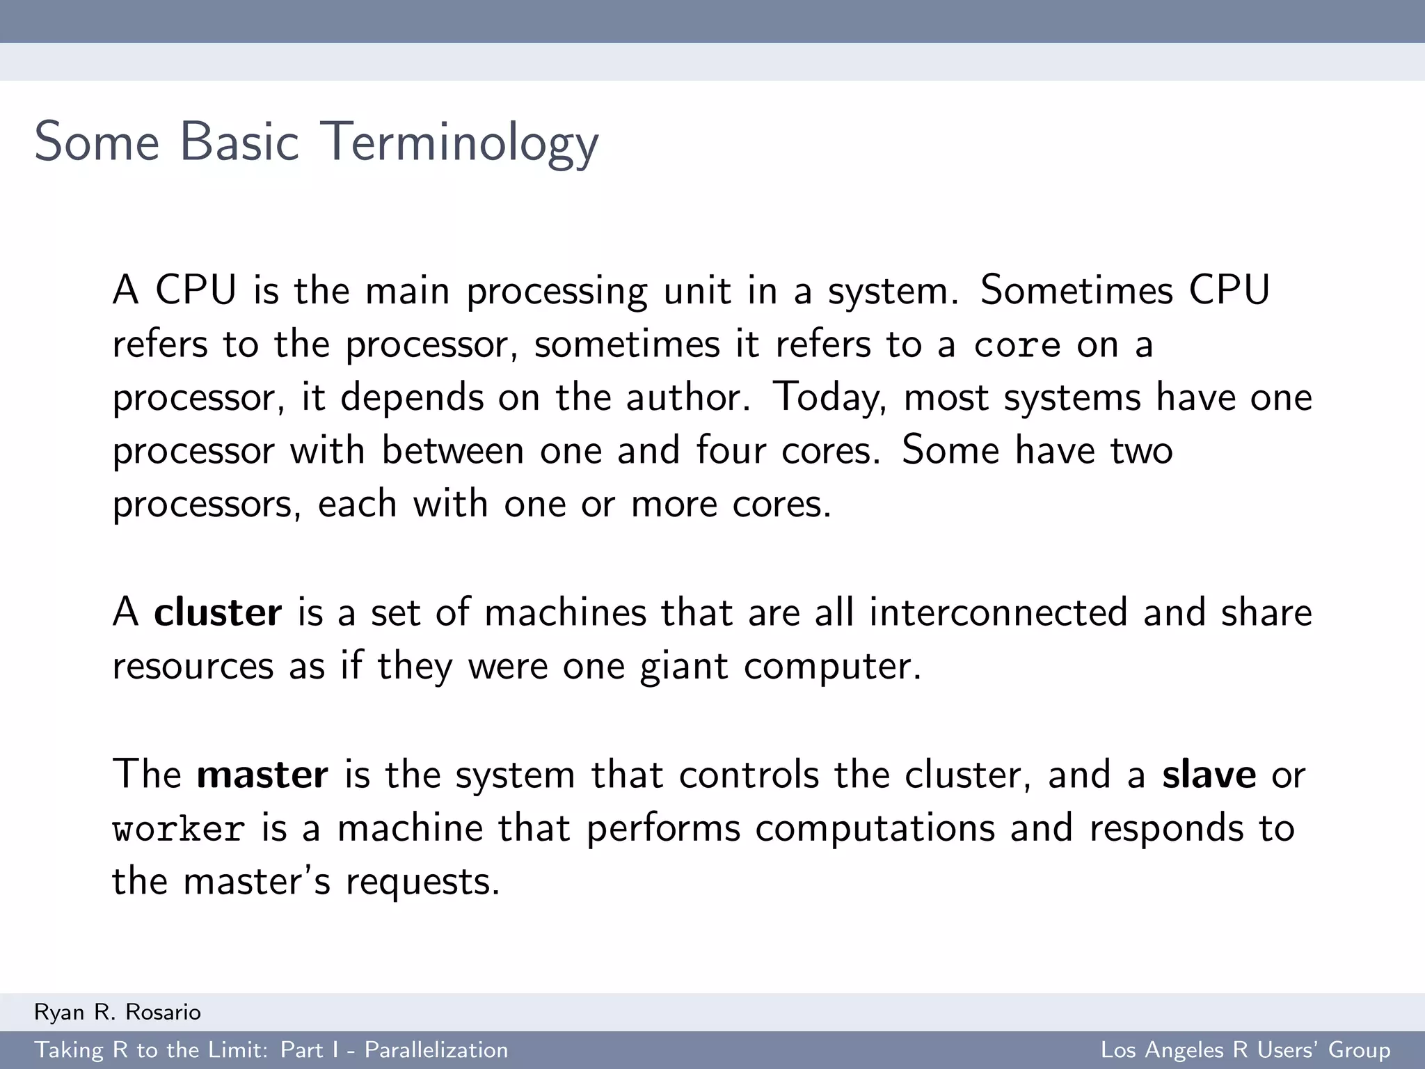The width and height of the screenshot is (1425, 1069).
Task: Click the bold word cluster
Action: (218, 612)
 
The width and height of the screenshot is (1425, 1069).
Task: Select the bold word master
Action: (262, 775)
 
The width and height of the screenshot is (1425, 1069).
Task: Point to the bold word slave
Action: (1209, 775)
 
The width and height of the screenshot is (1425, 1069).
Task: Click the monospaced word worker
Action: (179, 829)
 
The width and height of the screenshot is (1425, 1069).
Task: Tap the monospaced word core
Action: (1017, 345)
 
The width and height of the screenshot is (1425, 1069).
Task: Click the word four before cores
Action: (731, 450)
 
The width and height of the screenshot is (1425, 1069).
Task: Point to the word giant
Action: (684, 667)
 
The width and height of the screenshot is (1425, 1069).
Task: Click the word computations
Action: (875, 829)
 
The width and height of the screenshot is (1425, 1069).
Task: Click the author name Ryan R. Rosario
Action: (118, 1012)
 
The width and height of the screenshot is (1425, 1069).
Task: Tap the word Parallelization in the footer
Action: (436, 1050)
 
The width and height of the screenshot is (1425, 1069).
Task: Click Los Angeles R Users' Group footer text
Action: (1245, 1050)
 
